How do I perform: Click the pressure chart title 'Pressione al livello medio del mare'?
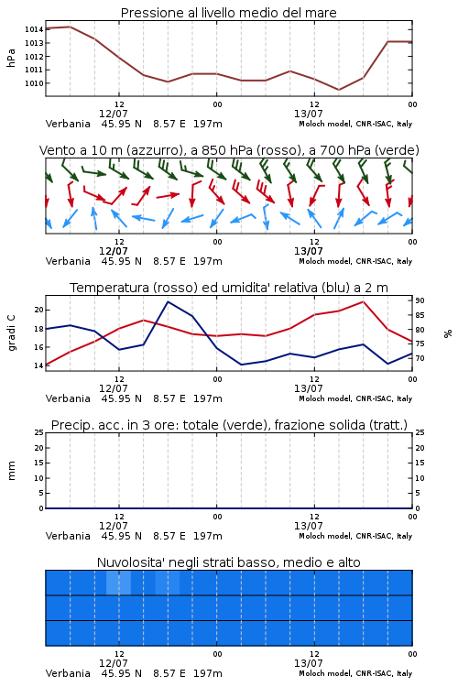(228, 13)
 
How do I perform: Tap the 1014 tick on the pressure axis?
(34, 29)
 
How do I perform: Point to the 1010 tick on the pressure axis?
(34, 83)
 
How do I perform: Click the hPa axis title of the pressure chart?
(11, 58)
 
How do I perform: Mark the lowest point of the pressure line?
(338, 90)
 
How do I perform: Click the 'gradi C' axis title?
(11, 333)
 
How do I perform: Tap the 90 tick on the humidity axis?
(420, 300)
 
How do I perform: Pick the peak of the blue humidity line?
(169, 301)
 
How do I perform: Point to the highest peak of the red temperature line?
(363, 301)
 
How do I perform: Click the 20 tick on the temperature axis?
(39, 310)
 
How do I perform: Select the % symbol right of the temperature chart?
(448, 333)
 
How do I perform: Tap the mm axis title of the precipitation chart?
(11, 471)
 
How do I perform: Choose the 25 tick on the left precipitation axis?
(39, 432)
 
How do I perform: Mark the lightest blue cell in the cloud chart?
(118, 583)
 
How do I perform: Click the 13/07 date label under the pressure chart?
(309, 114)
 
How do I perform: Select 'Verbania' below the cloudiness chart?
(68, 673)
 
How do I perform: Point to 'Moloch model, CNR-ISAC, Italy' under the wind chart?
(355, 261)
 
